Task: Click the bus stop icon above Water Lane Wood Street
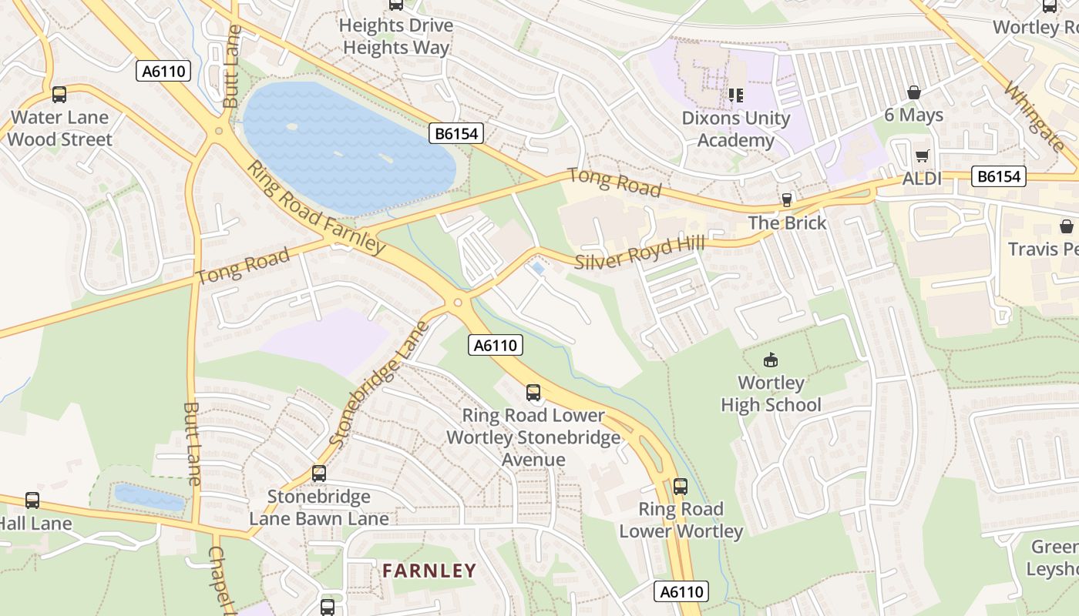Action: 59,95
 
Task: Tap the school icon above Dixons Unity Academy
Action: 735,95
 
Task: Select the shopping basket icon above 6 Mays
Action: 913,92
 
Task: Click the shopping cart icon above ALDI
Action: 923,156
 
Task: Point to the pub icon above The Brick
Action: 787,200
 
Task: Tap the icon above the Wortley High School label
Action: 770,360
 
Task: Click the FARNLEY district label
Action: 429,571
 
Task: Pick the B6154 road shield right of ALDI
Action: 999,176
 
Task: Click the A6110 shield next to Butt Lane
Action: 163,72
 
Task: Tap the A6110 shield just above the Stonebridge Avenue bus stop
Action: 496,345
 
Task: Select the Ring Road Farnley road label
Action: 316,208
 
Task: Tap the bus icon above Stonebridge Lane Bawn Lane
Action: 319,474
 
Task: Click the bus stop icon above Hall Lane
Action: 32,500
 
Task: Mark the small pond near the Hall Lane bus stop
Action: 149,497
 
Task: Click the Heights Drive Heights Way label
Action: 396,36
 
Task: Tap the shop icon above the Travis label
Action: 1066,226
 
